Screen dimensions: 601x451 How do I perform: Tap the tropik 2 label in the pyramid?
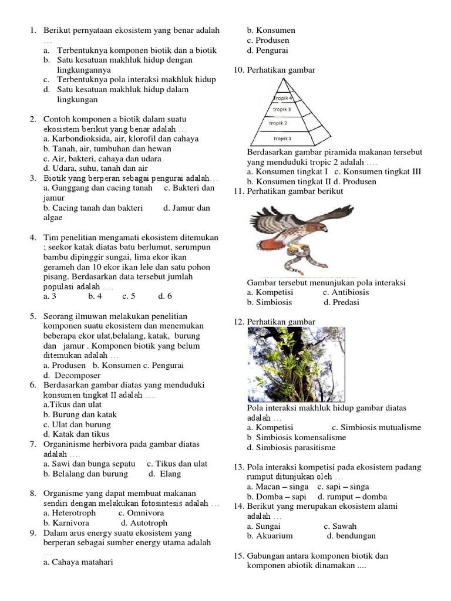click(x=278, y=123)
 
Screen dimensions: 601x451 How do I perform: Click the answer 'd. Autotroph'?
click(x=144, y=522)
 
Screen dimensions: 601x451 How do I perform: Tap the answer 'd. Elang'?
click(x=164, y=474)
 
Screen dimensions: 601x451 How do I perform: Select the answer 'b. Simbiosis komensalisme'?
click(x=297, y=437)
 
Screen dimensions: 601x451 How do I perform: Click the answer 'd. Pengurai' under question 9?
click(x=267, y=50)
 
